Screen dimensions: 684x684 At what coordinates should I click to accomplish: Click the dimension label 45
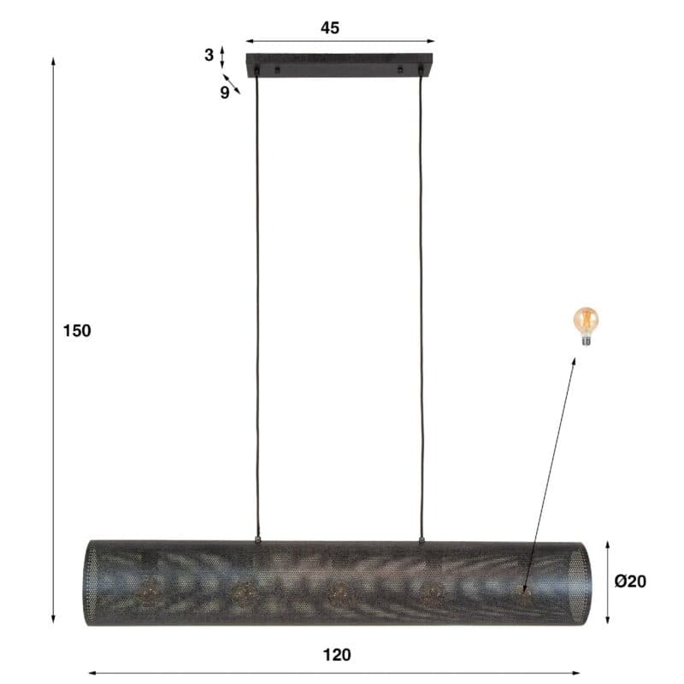pos(330,28)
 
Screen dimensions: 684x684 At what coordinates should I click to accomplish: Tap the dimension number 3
pos(209,55)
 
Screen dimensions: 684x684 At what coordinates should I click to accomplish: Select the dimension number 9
pos(225,92)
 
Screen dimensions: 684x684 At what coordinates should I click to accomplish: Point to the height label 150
pos(77,331)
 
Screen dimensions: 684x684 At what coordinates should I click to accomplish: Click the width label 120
pos(337,655)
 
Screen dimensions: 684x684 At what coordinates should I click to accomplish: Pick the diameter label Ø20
pos(630,581)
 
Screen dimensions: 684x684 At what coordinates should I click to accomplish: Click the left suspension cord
pos(257,305)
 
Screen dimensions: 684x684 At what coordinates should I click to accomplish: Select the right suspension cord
pos(422,305)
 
